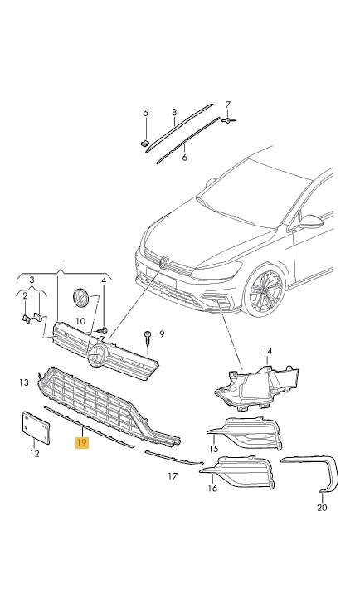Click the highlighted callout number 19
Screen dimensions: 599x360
pos(81,443)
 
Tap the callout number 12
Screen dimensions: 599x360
pos(34,453)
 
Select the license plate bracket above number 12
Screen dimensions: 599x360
pos(36,426)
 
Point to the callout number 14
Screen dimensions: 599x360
pos(267,351)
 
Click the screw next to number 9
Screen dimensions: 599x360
pos(148,336)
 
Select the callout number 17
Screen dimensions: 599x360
pos(173,476)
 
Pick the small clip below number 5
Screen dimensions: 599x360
pos(144,144)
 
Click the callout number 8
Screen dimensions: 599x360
pos(174,111)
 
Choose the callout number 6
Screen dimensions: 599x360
pos(184,156)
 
